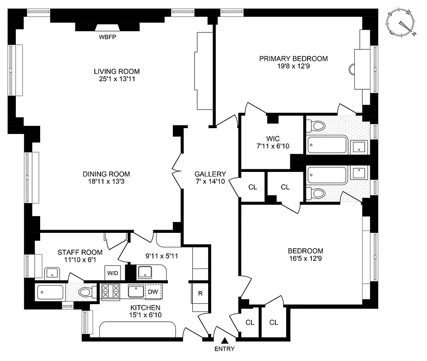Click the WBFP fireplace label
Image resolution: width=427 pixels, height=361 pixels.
coord(107,37)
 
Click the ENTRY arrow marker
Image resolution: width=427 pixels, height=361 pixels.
coord(224,340)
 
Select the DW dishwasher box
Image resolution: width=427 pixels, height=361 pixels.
coord(153,292)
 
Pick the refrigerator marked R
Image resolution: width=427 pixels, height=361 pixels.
coord(200,293)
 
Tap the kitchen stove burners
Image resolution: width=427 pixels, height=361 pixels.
coord(110,292)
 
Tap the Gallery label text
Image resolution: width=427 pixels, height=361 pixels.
coord(210,174)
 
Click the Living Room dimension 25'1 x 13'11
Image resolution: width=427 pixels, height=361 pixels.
coord(116,79)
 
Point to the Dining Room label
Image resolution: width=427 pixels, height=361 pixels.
coord(106,174)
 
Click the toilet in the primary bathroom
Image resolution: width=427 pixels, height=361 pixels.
coord(317,126)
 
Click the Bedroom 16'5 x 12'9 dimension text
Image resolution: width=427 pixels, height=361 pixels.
coord(306,259)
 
